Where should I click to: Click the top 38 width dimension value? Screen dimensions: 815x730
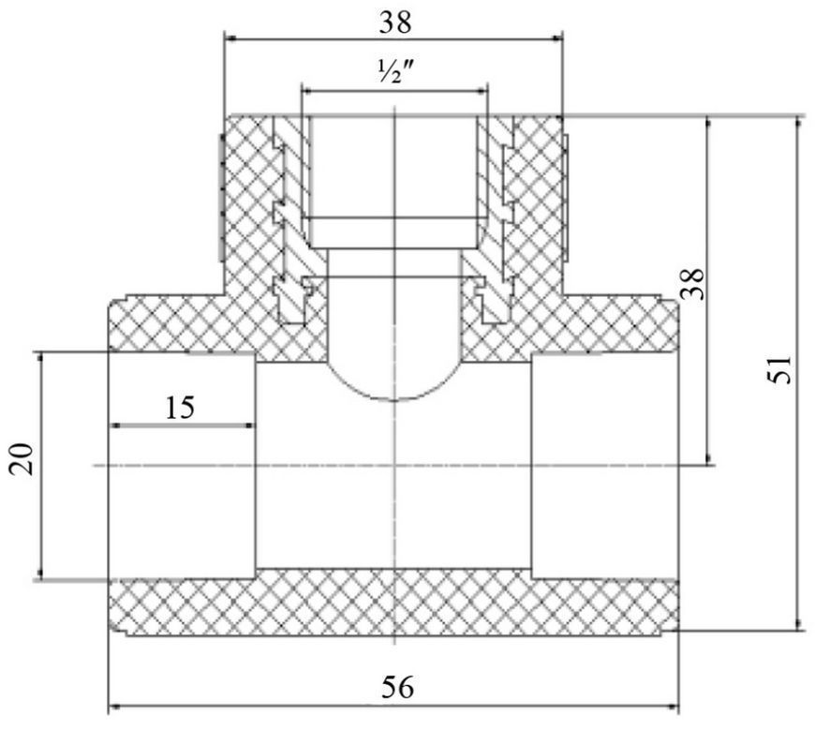[x=395, y=22]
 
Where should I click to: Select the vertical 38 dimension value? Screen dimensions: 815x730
[x=693, y=284]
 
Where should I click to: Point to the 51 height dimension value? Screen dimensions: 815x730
[x=780, y=369]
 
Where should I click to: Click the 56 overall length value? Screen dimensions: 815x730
[x=397, y=688]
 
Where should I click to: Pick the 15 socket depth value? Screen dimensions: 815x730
[x=180, y=409]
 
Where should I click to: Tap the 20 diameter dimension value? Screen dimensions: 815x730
[x=22, y=459]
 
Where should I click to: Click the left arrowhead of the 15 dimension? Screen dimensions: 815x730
[x=116, y=425]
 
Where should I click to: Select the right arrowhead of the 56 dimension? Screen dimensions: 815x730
[x=673, y=707]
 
